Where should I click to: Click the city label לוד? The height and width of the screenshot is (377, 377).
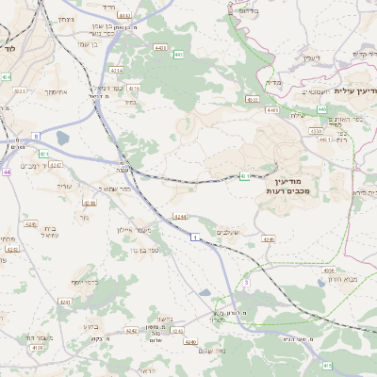pyautogui.click(x=9, y=47)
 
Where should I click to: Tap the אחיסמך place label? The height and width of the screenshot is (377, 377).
pyautogui.click(x=33, y=93)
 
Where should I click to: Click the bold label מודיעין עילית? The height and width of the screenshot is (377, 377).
pyautogui.click(x=354, y=90)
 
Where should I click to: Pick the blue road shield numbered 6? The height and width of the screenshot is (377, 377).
pyautogui.click(x=36, y=137)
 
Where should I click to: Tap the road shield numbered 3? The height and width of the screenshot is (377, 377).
pyautogui.click(x=246, y=282)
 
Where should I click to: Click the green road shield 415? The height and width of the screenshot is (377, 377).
pyautogui.click(x=327, y=365)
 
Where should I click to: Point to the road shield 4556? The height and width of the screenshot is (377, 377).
pyautogui.click(x=328, y=270)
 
